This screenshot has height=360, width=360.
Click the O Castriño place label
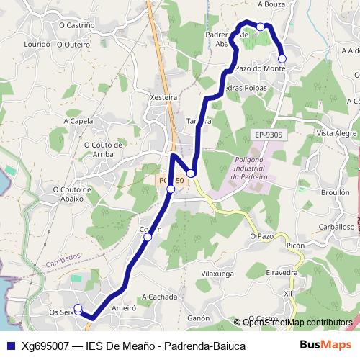(x=76, y=24)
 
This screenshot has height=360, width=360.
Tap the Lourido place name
(x=37, y=44)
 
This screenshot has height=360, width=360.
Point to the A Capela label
(x=78, y=121)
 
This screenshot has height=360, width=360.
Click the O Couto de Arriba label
(x=109, y=148)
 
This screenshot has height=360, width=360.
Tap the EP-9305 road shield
(x=269, y=135)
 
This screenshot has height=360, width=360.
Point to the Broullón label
(x=335, y=193)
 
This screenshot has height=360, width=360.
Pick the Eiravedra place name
(x=282, y=273)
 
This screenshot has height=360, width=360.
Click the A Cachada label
(x=159, y=297)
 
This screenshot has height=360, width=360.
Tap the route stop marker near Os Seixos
(x=78, y=310)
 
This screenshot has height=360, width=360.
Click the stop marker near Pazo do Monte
(x=282, y=58)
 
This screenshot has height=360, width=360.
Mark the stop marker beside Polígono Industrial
(x=191, y=174)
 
